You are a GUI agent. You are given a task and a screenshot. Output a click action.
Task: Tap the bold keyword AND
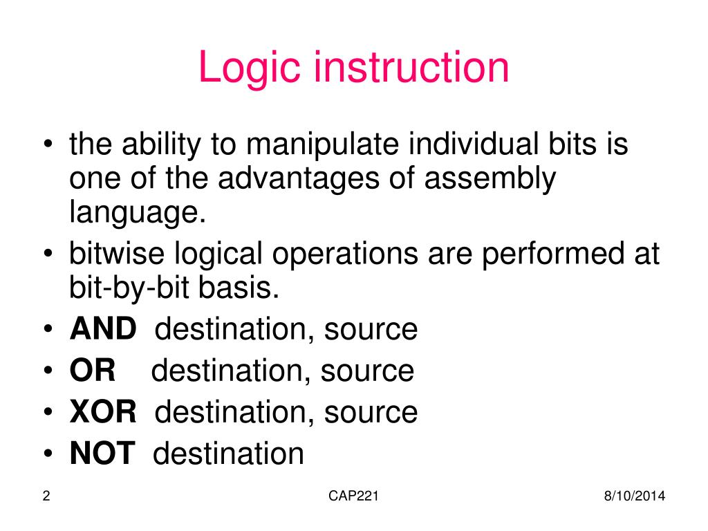click(103, 330)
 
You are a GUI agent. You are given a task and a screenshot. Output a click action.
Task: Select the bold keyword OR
click(92, 371)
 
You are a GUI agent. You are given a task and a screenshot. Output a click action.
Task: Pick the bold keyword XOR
click(103, 413)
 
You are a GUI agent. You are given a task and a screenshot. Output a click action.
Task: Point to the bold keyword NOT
click(102, 454)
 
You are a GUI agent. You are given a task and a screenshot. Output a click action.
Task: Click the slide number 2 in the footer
click(46, 496)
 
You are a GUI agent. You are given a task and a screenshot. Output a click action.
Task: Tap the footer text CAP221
click(354, 496)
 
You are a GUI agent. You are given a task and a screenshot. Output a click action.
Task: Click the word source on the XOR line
click(371, 413)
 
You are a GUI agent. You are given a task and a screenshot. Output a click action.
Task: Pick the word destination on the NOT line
click(228, 454)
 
